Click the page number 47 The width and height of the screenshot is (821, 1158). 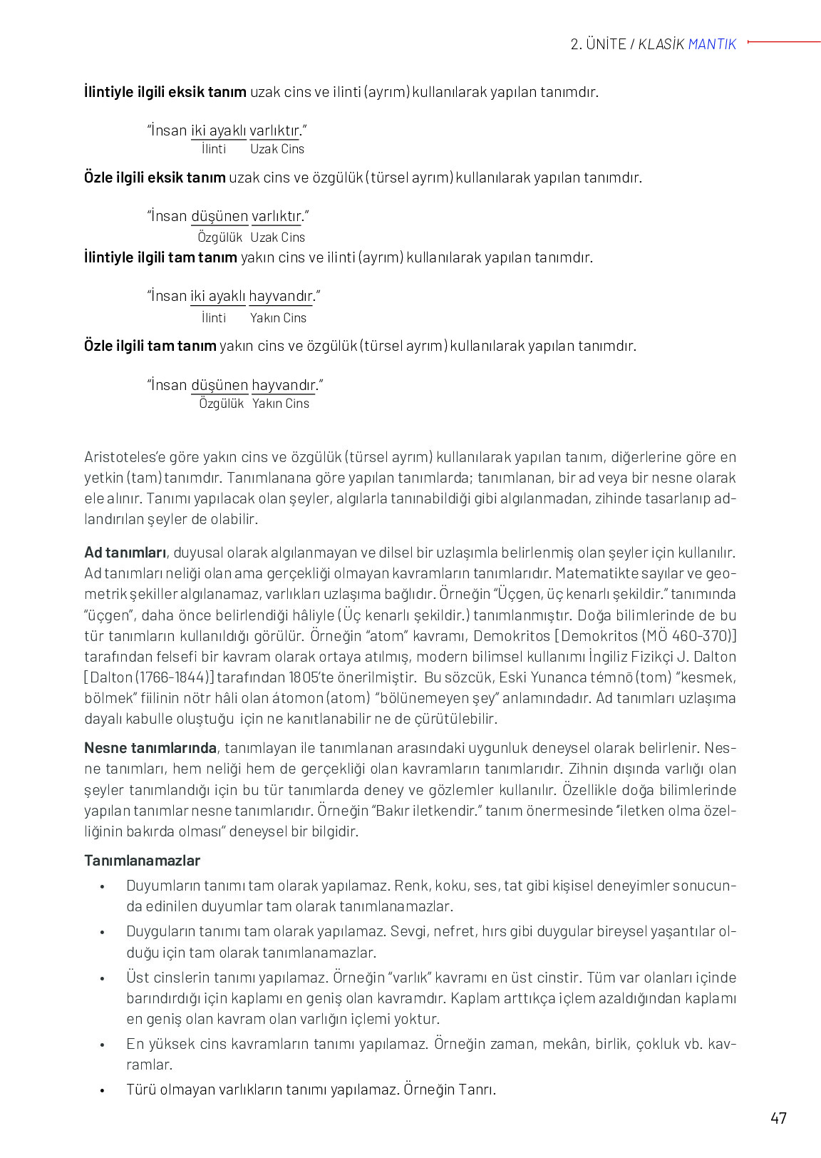778,1117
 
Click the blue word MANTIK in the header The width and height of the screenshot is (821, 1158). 712,44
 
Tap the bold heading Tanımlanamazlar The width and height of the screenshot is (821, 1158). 142,860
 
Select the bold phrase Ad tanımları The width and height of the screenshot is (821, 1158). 125,553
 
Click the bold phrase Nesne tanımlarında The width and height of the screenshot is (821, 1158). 150,748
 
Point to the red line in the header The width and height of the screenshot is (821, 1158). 784,42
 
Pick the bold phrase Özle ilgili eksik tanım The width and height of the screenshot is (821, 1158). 155,178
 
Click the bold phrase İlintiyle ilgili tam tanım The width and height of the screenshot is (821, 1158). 160,257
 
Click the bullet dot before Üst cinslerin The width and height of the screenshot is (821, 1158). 103,979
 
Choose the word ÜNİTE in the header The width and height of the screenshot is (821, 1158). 606,44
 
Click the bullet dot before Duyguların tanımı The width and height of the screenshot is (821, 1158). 103,933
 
